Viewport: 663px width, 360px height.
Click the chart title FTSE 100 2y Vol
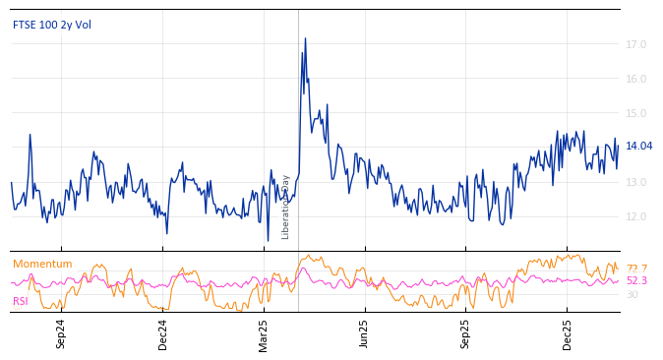pos(51,25)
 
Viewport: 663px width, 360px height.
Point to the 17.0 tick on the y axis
pos(636,44)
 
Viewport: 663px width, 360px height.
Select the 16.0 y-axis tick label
pos(636,79)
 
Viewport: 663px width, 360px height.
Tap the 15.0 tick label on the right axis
pos(636,113)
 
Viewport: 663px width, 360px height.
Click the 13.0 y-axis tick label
pos(636,182)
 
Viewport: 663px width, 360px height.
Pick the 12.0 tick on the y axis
pos(636,216)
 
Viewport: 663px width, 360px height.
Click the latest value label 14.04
pos(639,147)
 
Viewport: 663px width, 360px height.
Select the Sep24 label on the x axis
pos(61,333)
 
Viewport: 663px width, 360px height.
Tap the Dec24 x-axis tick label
pos(163,333)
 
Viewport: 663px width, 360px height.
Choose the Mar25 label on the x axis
pos(264,333)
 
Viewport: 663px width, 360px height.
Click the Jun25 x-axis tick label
pos(365,333)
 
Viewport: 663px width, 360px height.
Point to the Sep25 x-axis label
pos(466,333)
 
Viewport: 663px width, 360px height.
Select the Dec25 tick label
pos(568,333)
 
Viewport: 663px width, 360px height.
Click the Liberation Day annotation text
pos(286,207)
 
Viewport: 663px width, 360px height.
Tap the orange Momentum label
pos(42,264)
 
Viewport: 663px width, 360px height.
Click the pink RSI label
pos(20,301)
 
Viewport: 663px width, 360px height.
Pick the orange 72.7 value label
pos(637,269)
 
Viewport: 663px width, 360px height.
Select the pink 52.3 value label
pos(637,281)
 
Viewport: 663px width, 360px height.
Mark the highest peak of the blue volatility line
pos(305,38)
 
